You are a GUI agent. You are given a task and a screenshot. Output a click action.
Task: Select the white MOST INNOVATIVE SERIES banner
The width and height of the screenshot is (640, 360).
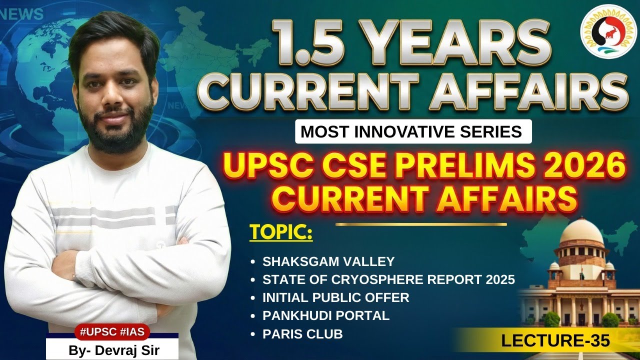pos(411,132)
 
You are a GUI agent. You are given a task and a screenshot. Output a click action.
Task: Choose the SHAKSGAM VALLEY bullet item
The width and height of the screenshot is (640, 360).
pos(328,261)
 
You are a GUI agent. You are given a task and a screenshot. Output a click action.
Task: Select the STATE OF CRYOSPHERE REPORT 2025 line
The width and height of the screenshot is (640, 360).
pos(388,279)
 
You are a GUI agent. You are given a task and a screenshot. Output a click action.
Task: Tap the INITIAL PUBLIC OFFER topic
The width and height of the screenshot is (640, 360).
pos(335,297)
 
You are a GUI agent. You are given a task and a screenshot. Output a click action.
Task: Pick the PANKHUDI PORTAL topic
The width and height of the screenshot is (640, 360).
pos(325,316)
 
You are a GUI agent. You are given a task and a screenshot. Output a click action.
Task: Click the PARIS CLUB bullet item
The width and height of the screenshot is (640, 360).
pos(302,334)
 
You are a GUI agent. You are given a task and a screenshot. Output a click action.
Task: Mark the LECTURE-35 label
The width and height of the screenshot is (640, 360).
pos(555,341)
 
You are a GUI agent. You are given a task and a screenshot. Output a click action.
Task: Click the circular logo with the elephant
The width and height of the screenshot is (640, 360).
pos(608,31)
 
